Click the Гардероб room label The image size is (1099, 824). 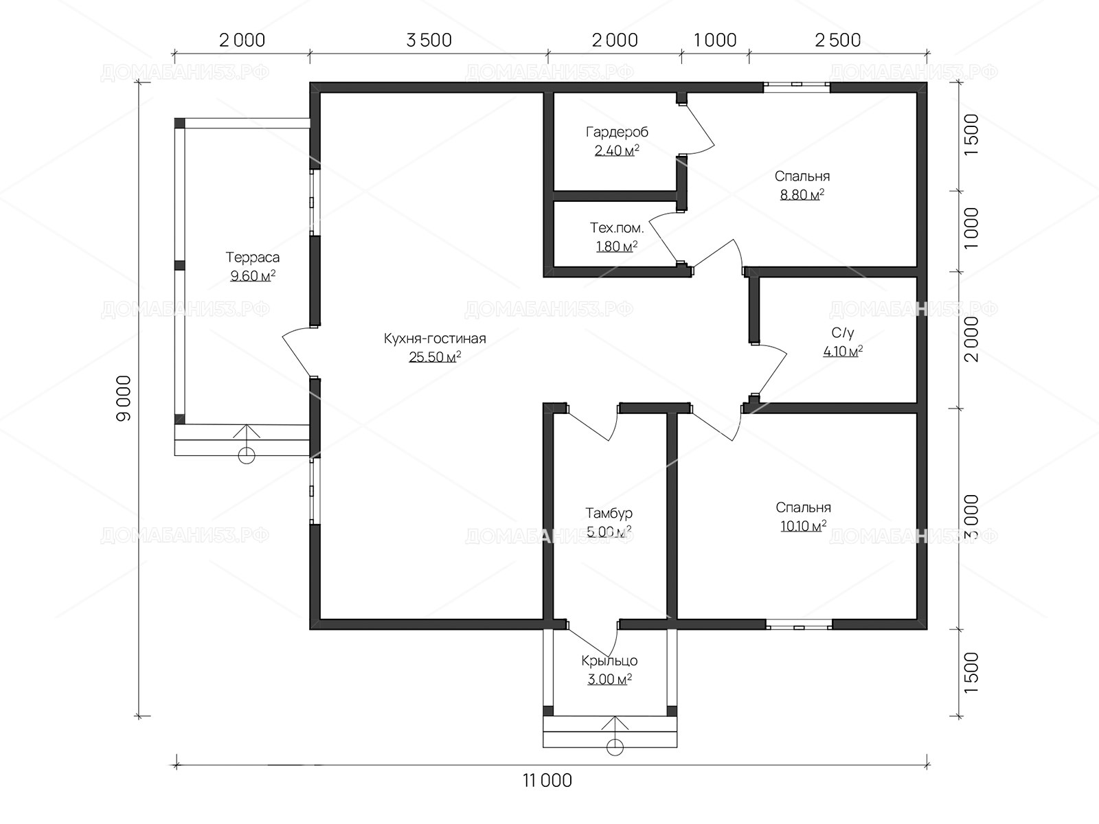[617, 132]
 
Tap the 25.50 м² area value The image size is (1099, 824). [435, 357]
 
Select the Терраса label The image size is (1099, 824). [252, 257]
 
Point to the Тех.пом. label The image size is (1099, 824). [617, 228]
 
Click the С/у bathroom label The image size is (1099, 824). [843, 333]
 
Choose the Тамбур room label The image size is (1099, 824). [609, 514]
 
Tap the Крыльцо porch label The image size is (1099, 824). [609, 661]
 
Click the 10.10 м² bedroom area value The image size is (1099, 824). [803, 526]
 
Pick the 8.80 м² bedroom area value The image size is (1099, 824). [802, 194]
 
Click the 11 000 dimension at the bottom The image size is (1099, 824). [547, 781]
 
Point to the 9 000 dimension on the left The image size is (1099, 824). [124, 398]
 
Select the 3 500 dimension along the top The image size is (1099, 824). [429, 40]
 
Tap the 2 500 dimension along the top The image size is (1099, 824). [838, 40]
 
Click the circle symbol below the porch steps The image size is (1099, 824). [615, 748]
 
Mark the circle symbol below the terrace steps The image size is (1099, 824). [247, 456]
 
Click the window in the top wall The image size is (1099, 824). [797, 87]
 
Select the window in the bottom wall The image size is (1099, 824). [799, 624]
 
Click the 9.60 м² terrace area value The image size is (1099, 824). [253, 276]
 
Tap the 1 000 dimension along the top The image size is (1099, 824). [715, 40]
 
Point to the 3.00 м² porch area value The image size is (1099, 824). [609, 679]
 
